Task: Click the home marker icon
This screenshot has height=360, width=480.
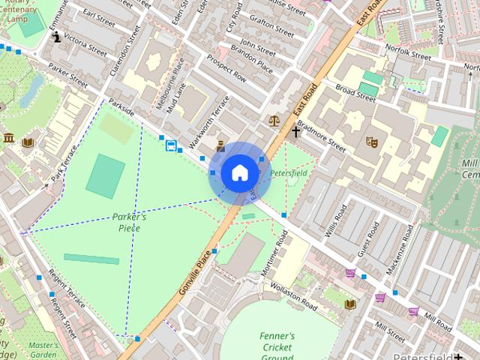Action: coord(239,172)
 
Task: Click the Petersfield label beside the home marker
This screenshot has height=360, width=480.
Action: coord(289,173)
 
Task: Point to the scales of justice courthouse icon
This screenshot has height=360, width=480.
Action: coord(274,119)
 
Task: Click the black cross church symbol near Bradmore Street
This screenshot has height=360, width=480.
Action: coord(296,132)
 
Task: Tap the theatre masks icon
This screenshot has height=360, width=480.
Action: coord(370,142)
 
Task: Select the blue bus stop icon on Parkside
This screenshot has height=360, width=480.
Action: coord(171,145)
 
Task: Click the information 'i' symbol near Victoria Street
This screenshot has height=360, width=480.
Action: coord(57,36)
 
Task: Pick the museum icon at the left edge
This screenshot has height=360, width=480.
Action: coord(8,138)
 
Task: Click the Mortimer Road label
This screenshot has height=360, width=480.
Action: coord(275,255)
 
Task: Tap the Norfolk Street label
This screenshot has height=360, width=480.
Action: coord(408,52)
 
